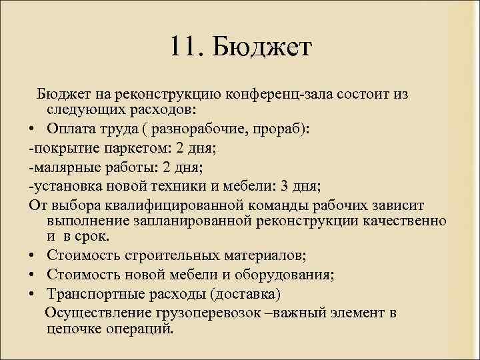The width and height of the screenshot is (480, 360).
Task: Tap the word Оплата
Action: [71, 129]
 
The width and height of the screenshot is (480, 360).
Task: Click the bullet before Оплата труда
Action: [33, 129]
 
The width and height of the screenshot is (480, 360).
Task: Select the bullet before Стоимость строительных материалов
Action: [33, 256]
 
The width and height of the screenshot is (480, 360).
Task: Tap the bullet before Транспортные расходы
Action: [33, 294]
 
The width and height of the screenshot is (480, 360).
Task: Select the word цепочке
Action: [74, 329]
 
